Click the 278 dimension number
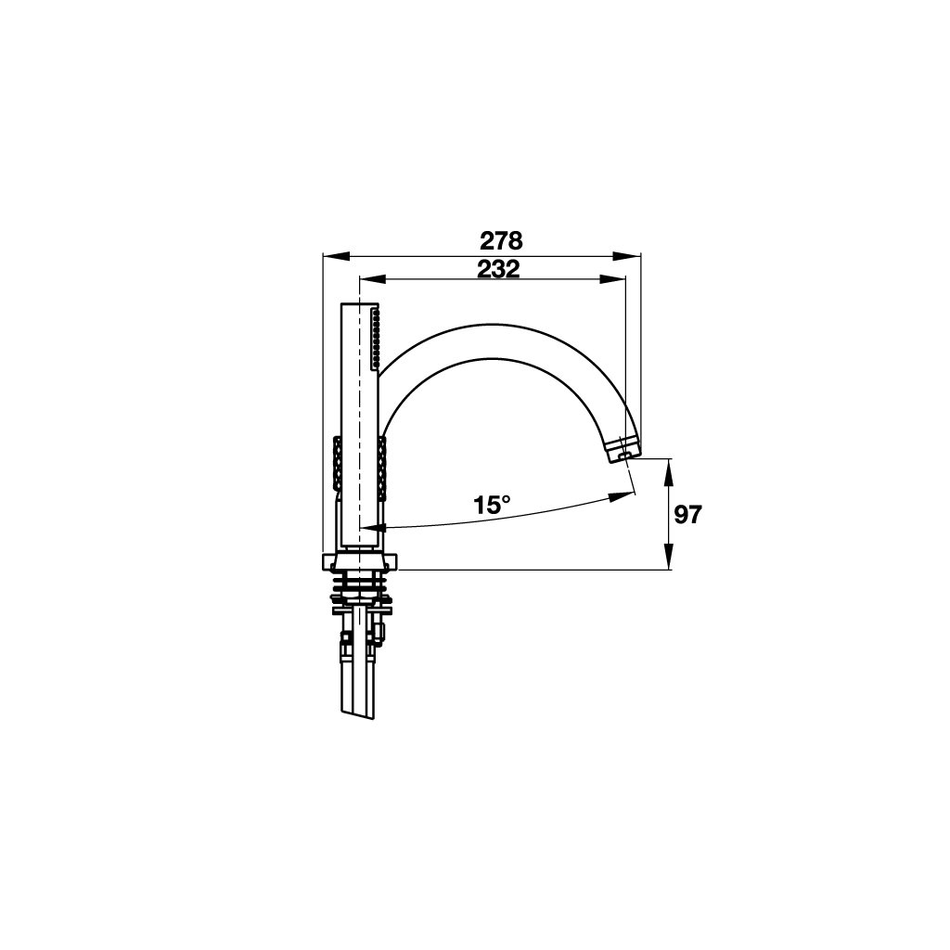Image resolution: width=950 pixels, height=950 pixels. [501, 241]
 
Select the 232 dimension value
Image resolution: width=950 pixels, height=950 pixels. [498, 269]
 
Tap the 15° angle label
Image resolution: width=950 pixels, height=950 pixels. [492, 505]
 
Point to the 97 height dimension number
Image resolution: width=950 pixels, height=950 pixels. [687, 515]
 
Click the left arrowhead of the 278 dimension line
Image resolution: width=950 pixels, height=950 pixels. [336, 256]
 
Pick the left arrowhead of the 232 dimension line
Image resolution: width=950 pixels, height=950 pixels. [373, 278]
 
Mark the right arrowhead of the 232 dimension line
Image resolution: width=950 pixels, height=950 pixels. [612, 278]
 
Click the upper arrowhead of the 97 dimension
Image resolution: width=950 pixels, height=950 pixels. [668, 472]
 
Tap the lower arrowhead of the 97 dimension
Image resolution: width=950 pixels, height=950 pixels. [668, 556]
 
